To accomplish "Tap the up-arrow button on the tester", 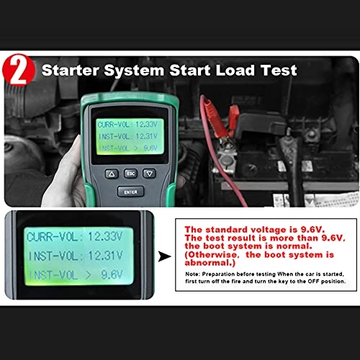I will pyautogui.click(x=111, y=174).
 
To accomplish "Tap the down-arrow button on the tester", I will pyautogui.click(x=148, y=174).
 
